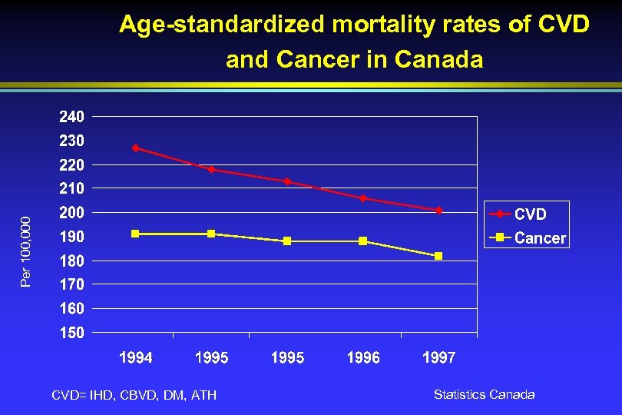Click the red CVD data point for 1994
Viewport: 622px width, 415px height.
coord(136,148)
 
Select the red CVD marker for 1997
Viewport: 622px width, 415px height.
coord(438,210)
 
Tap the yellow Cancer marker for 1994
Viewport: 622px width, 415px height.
coord(136,234)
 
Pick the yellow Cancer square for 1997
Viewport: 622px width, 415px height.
coord(438,256)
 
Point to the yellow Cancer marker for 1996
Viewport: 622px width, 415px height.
coord(362,241)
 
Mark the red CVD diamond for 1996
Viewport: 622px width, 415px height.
coord(362,198)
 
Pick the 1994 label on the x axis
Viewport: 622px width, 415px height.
coord(136,358)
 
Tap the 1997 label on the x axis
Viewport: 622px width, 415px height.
coord(438,358)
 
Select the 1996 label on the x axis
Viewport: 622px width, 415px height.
coord(362,358)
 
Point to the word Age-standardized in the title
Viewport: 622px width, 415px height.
coord(222,25)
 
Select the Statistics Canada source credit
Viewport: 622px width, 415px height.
coord(484,394)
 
